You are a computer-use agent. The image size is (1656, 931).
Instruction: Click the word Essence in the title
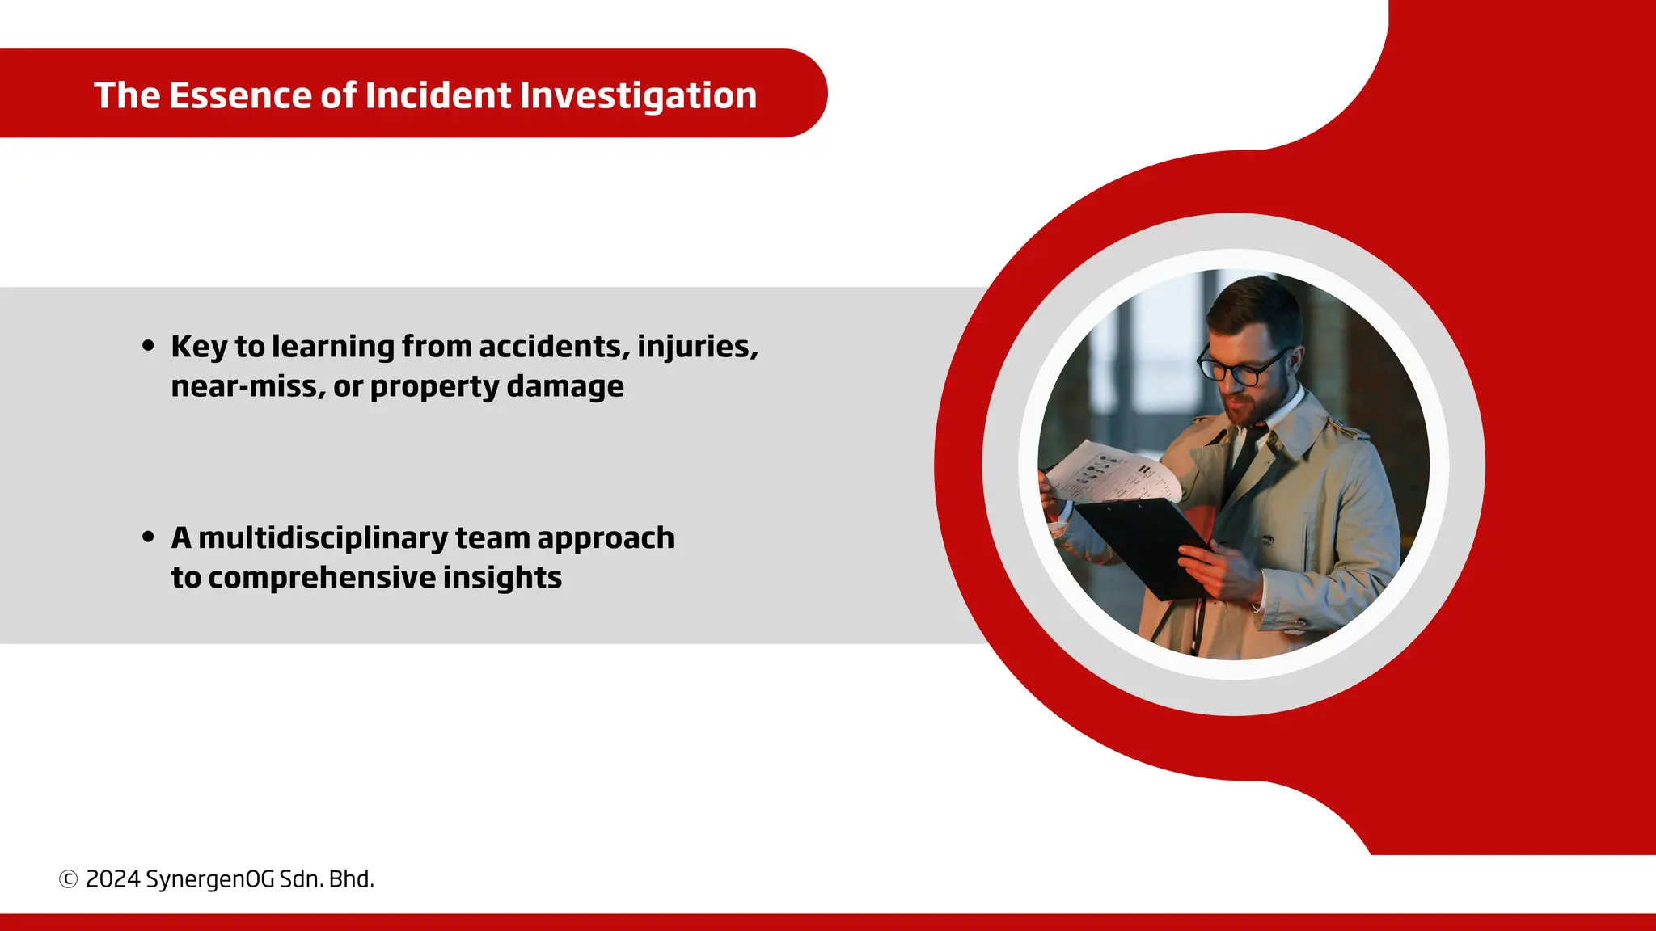point(239,95)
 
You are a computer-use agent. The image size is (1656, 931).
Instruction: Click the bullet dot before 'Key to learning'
point(148,346)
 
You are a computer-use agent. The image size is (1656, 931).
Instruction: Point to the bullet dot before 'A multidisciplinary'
point(148,537)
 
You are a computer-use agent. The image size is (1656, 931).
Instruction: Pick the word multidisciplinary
point(323,537)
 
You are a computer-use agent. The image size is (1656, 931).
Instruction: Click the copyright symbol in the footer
point(69,879)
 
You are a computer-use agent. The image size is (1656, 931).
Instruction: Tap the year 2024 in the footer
point(113,879)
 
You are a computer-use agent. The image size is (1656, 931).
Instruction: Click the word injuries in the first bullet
point(697,346)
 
